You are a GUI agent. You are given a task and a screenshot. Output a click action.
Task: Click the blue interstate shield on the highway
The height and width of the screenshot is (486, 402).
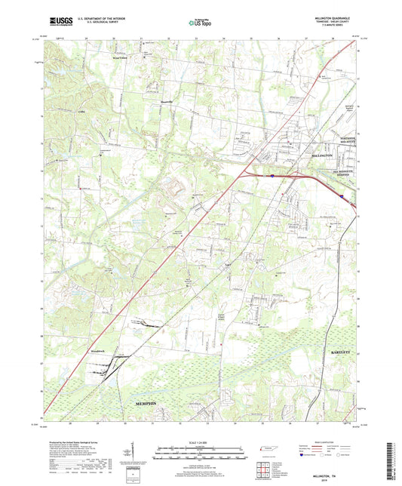pos(269,175)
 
